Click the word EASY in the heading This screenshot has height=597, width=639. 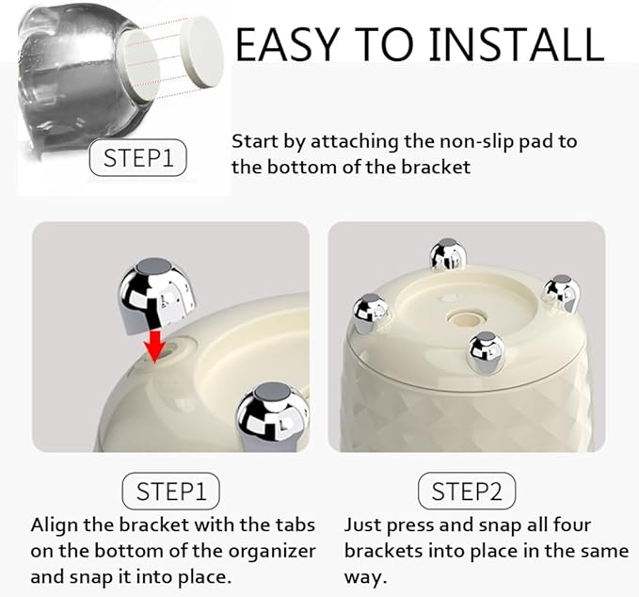coord(287,44)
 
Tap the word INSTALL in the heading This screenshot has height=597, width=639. coord(517,44)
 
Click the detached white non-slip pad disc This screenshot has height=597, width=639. coord(202,52)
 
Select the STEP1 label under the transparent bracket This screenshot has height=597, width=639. coord(137,158)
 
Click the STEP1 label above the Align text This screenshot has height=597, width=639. coord(170,491)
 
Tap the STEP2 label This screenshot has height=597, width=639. coord(467,491)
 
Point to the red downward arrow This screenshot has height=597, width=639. coord(154,346)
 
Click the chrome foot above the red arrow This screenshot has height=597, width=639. coord(157,296)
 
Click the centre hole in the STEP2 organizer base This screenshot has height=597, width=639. coord(467,317)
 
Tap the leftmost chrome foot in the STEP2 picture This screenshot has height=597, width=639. coord(371,313)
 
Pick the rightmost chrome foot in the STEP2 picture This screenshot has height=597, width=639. coord(562,293)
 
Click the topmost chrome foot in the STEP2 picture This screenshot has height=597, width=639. coord(447,254)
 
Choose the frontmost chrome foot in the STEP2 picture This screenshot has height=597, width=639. coord(486,353)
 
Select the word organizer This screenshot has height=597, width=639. coord(272,551)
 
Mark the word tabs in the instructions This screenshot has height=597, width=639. coord(296,524)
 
